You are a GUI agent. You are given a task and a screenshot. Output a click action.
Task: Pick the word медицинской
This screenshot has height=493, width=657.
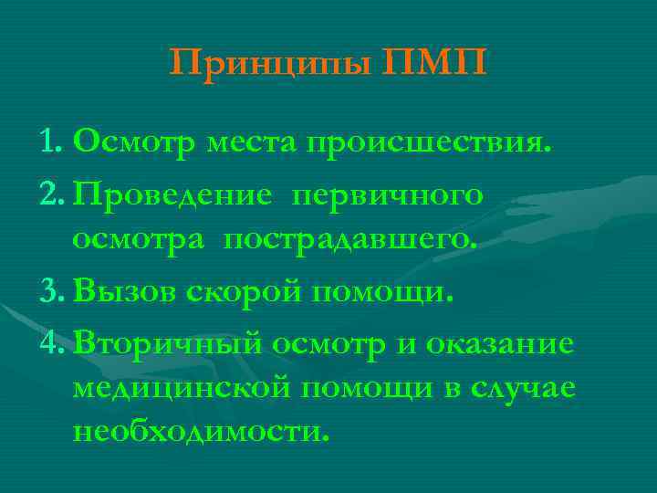182,387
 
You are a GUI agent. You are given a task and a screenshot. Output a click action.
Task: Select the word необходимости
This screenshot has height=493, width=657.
198,430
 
